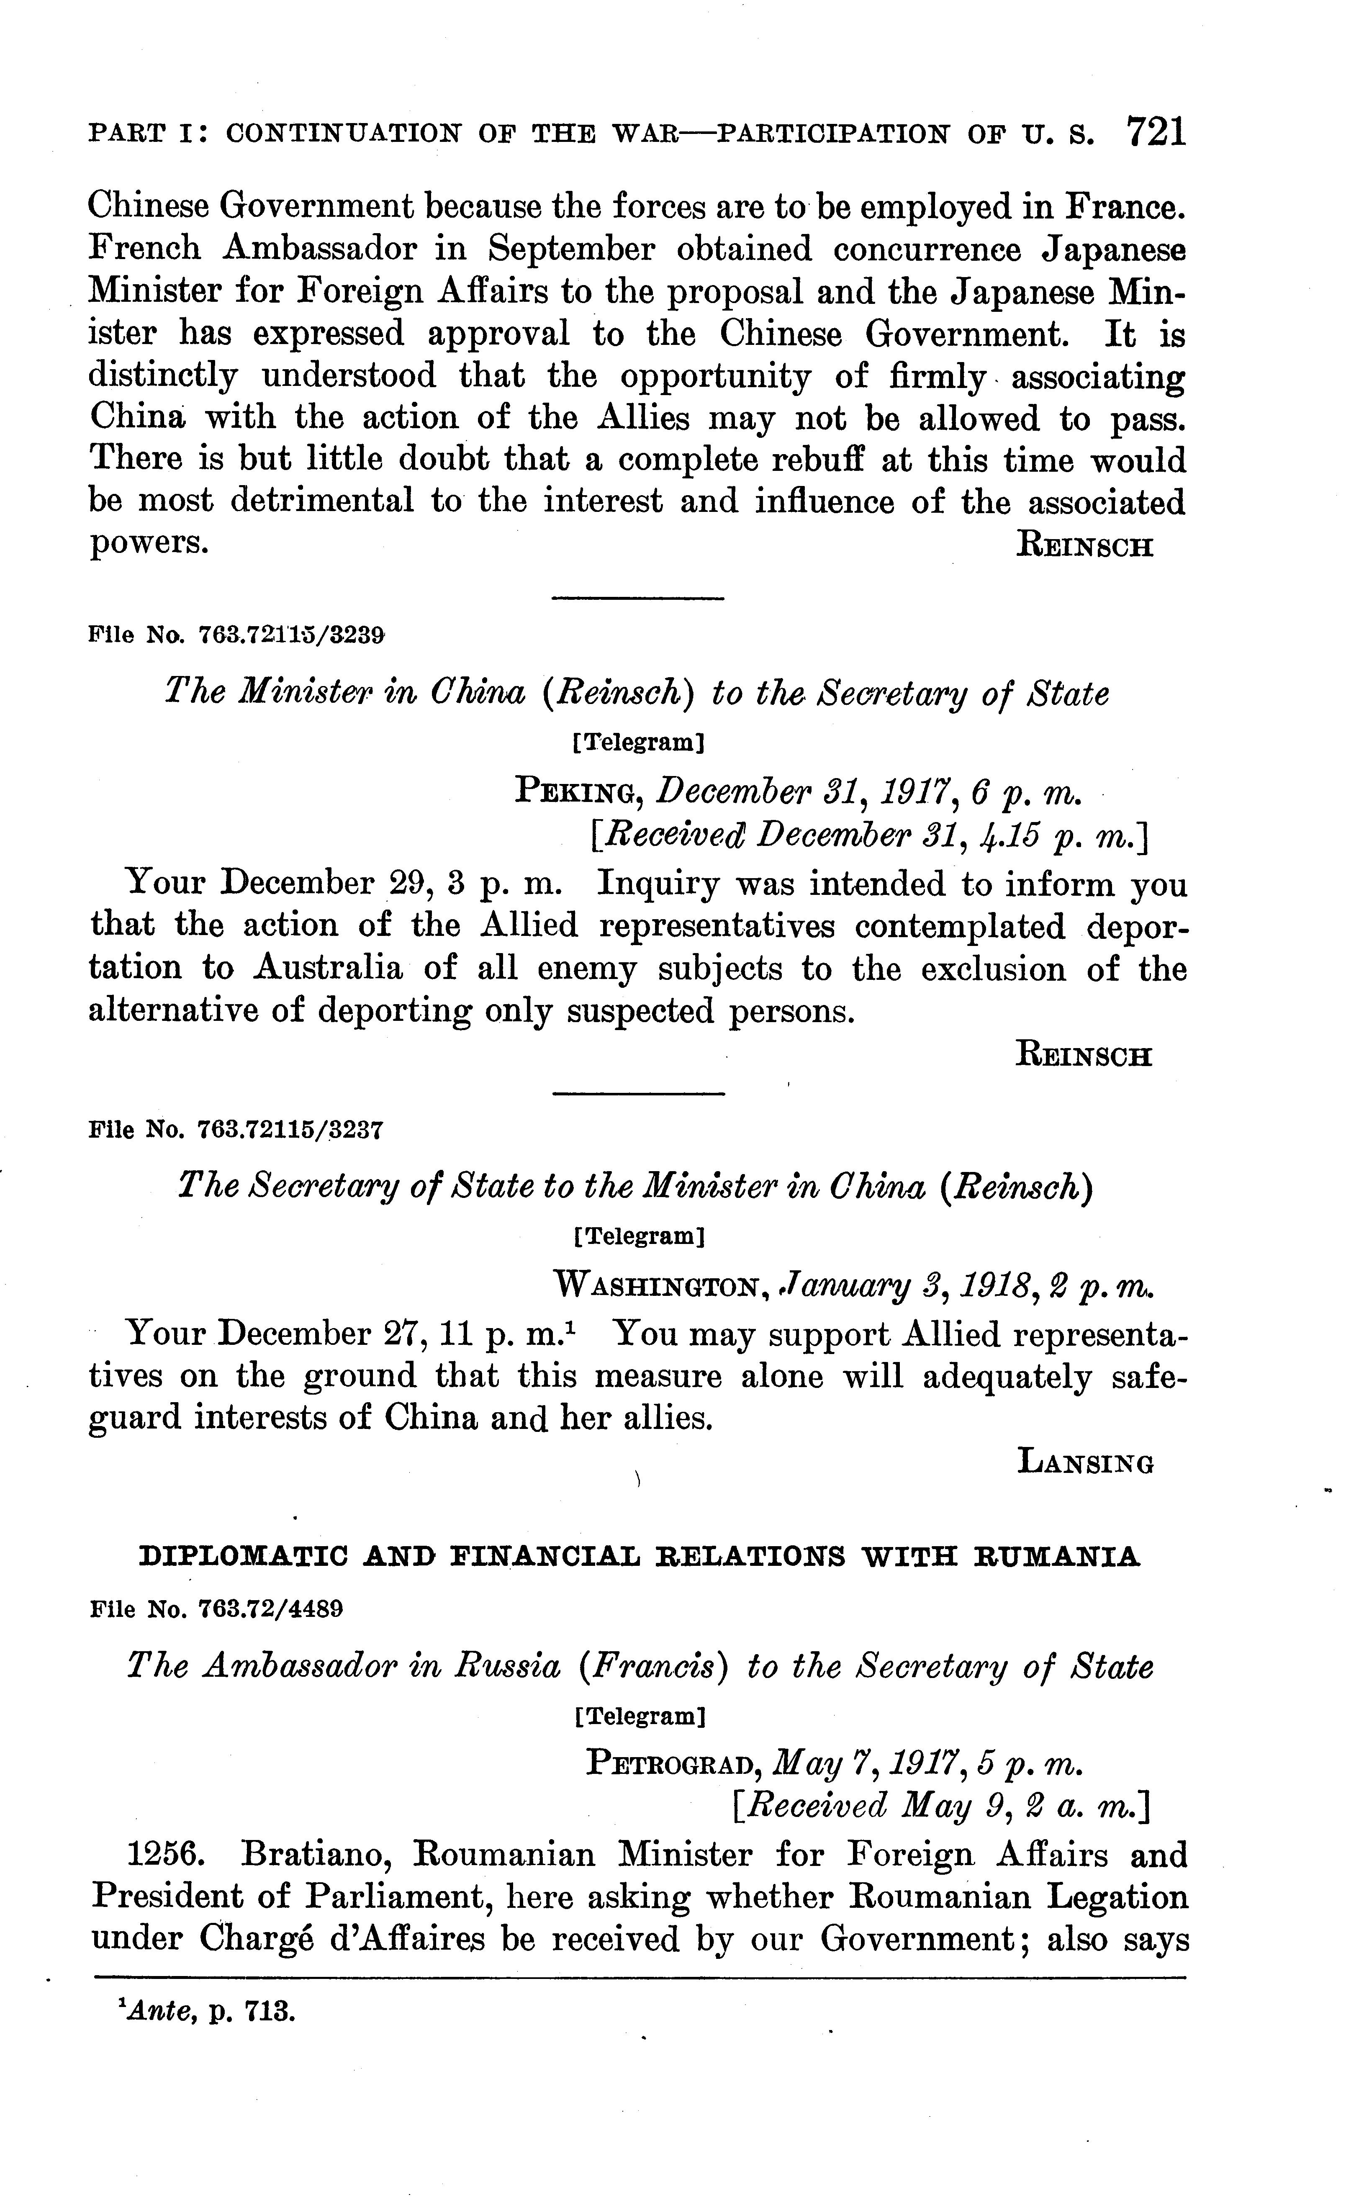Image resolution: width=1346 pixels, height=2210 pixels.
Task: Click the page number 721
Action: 1155,132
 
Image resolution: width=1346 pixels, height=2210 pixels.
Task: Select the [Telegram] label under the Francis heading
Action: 637,1717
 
